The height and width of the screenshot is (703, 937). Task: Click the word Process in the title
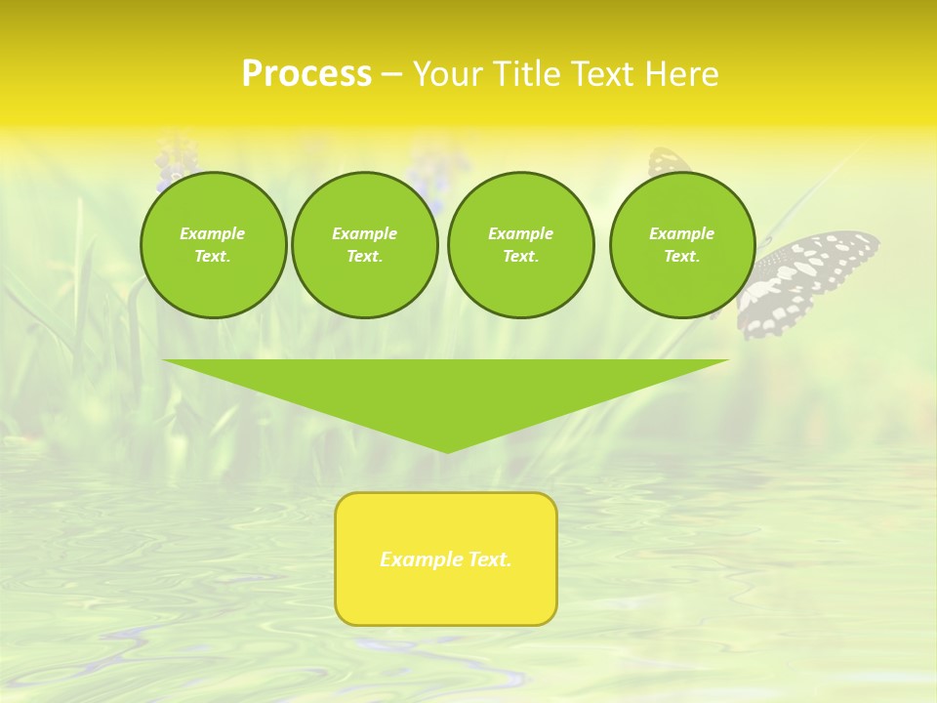coord(306,74)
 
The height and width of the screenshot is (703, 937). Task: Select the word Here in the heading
coord(682,74)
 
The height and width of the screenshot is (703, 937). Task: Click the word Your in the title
coord(448,74)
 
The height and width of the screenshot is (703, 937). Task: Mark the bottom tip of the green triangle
coord(447,451)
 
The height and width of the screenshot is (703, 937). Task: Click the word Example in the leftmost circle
coord(213,233)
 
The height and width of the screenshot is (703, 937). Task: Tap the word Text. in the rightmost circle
coord(682,256)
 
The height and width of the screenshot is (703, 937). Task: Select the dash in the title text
coord(390,74)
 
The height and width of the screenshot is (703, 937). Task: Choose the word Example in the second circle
coord(364,233)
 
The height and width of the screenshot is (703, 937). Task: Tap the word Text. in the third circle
coord(520,256)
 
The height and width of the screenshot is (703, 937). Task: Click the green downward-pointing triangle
coord(446,391)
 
